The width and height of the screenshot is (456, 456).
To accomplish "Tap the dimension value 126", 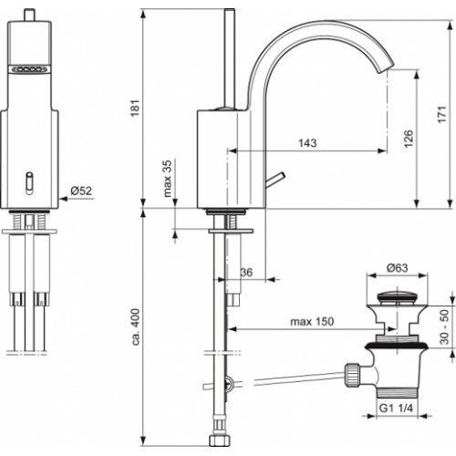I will (408, 138).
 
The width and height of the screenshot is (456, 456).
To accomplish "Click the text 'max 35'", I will (168, 179).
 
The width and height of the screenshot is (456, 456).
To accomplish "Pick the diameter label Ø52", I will (82, 192).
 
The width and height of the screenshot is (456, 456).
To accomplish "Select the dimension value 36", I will (246, 272).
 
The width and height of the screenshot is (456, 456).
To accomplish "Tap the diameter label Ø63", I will (397, 267).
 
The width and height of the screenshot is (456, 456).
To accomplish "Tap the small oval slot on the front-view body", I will (30, 181).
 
